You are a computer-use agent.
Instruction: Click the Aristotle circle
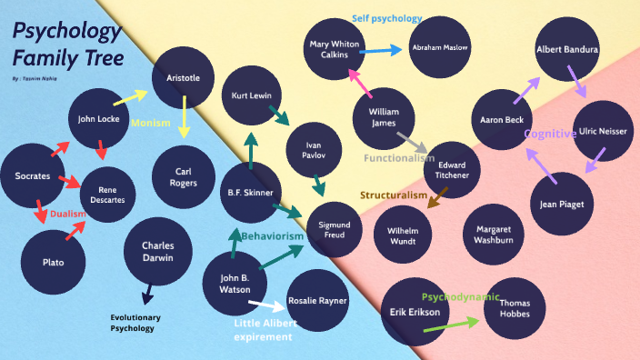[183, 78]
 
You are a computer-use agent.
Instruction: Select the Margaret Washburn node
[494, 235]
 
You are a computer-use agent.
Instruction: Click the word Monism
[151, 123]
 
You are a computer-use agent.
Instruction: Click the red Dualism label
[67, 215]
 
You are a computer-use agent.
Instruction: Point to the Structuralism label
[393, 195]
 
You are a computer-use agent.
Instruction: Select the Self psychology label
[387, 18]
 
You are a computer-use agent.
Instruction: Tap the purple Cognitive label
[550, 134]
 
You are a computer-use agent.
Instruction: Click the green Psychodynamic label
[458, 296]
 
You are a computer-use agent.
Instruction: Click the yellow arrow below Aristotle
[184, 116]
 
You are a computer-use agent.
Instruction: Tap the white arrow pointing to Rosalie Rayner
[266, 306]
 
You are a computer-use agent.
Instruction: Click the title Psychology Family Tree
[66, 47]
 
